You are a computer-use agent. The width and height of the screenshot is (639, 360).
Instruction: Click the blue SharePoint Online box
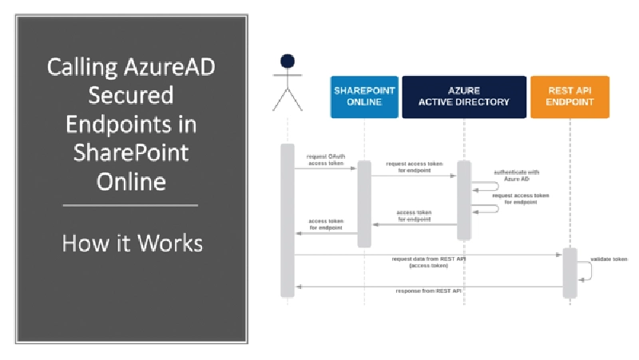tap(364, 97)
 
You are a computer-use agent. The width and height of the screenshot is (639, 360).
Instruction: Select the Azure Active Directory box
tap(464, 97)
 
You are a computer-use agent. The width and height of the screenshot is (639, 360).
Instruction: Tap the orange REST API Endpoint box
tap(570, 97)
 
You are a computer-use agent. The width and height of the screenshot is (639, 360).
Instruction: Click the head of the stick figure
tap(288, 61)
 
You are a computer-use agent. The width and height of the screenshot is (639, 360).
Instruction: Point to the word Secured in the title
tap(130, 96)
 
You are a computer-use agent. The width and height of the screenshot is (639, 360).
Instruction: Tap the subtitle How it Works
tap(132, 242)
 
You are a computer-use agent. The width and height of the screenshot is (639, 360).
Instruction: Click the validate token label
tap(609, 259)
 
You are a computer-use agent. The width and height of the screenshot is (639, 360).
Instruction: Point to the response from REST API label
tap(429, 291)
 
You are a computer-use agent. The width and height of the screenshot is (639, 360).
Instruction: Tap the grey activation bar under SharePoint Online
tap(364, 204)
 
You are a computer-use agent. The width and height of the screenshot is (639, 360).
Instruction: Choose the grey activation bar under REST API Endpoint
tap(570, 271)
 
